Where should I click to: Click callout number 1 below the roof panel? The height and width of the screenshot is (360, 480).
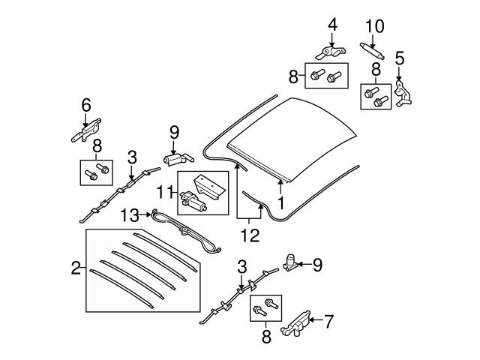[280, 203]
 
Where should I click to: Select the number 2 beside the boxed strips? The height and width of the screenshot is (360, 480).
[76, 268]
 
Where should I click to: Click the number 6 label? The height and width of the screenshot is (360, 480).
[85, 105]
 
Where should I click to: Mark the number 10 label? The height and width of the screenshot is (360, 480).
[374, 26]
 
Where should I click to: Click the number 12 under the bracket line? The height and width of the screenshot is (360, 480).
[250, 235]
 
